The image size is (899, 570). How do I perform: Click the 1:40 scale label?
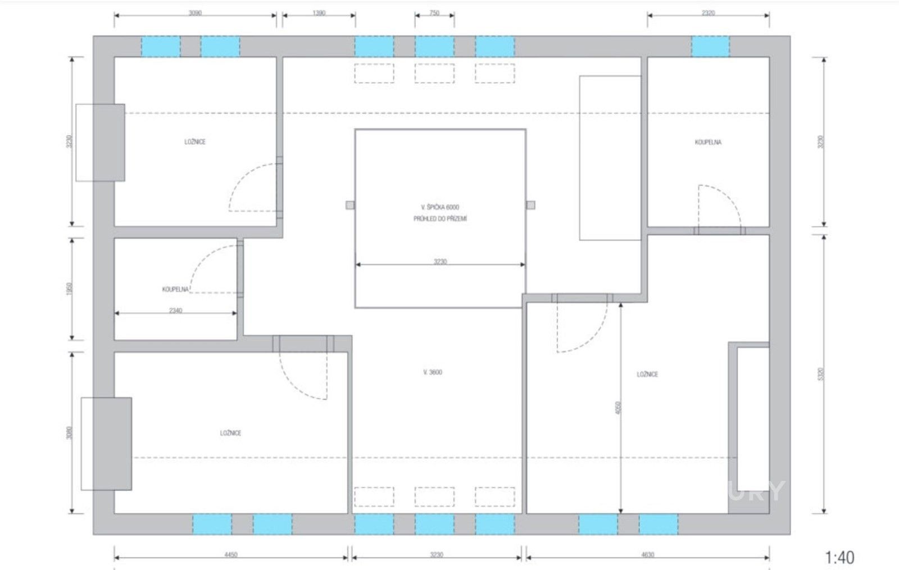pos(839,557)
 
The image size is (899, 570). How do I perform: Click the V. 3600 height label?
pos(433,372)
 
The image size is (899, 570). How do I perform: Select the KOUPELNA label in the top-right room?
pos(708,142)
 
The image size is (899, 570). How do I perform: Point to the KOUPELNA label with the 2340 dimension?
pos(175,290)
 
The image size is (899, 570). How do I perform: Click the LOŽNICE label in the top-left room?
pos(195,142)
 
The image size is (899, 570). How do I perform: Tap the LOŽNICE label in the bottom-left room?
pos(230,433)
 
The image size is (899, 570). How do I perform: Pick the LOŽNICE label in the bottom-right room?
pos(647,374)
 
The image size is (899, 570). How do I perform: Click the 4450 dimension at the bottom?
pos(231,555)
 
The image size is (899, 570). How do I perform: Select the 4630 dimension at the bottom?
pos(647,555)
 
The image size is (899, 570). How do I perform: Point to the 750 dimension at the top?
pos(434,12)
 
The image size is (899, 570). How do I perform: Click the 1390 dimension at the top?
pos(319,12)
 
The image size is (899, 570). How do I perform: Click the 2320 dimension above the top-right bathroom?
pos(708,12)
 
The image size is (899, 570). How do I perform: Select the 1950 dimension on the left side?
pos(69,289)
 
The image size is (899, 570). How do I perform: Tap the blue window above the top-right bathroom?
pos(710,46)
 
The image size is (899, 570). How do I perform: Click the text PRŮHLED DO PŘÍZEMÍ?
pos(440,219)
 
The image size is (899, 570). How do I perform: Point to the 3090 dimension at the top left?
pos(195,12)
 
